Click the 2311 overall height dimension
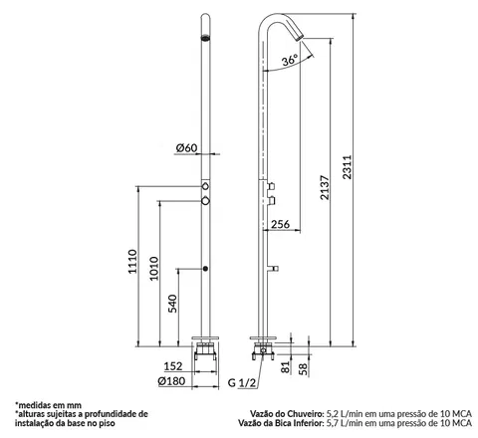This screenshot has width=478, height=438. pos(348,167)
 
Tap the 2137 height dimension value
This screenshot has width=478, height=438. pos(325,187)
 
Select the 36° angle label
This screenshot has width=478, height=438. pos(290,61)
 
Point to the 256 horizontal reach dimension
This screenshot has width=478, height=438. pos(281,224)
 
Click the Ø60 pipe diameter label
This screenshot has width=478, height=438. pos(186,148)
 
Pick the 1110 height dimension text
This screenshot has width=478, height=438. pos(132,262)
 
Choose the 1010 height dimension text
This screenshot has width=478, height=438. pos(153,269)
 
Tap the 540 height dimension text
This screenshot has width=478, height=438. pos(172,304)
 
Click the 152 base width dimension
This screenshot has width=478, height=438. pos(173,366)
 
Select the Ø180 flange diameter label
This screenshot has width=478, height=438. pos(171,381)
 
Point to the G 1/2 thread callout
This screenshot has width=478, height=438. pos(242,383)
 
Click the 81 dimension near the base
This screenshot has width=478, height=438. pos(286,367)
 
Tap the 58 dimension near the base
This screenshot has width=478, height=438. pos(303,369)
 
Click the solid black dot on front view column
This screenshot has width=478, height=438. pos(205,269)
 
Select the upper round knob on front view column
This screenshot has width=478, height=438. pos(206,186)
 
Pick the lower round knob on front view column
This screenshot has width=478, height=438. pos(206,201)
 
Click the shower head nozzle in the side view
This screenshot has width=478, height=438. pos(299,35)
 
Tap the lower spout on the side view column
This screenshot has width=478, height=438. pos(273,269)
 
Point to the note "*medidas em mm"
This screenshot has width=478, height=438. pos(48,405)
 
